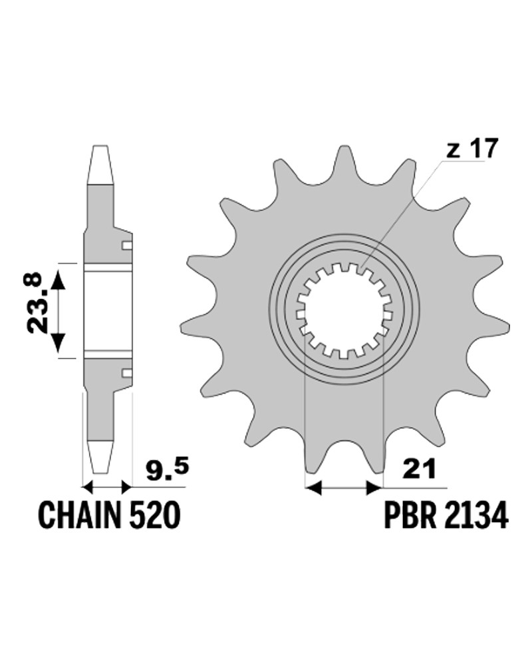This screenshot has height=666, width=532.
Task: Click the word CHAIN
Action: click(81, 515)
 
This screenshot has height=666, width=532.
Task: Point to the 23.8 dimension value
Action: click(35, 302)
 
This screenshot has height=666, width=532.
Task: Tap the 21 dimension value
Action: click(420, 470)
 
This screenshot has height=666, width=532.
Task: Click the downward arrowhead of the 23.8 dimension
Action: click(59, 342)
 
